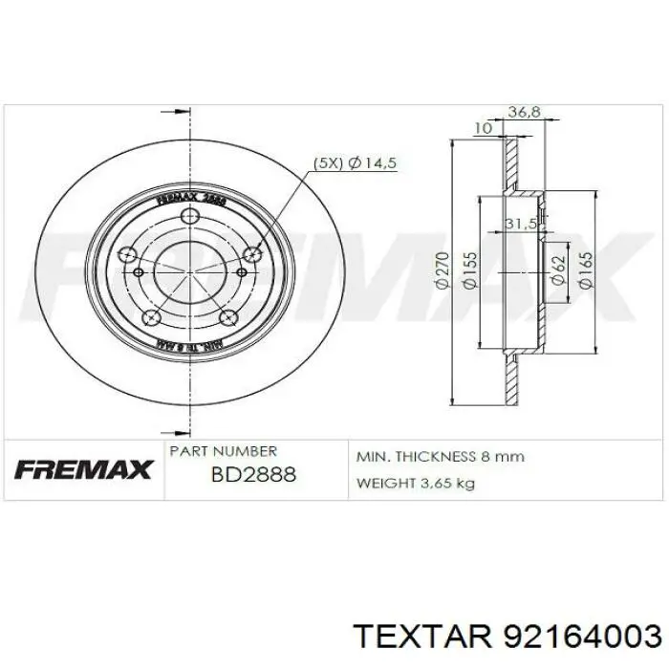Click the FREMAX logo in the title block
click(x=84, y=469)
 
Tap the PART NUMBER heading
click(x=223, y=450)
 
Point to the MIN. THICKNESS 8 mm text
click(x=441, y=457)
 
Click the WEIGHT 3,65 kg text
click(x=415, y=483)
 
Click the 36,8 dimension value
click(x=524, y=112)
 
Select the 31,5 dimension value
click(x=520, y=224)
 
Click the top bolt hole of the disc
click(x=191, y=216)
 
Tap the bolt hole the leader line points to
click(x=252, y=253)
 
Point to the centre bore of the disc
click(x=191, y=272)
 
